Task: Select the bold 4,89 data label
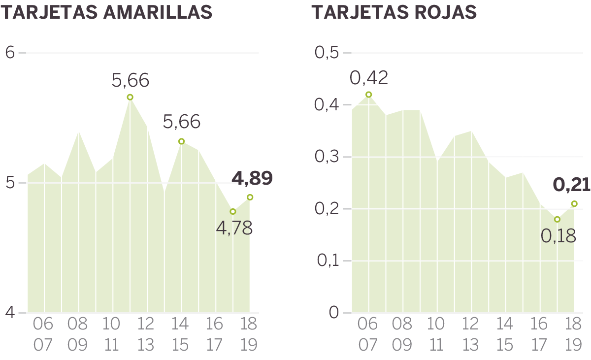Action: pyautogui.click(x=252, y=178)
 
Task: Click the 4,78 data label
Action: pyautogui.click(x=234, y=228)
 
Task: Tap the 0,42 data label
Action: pyautogui.click(x=369, y=77)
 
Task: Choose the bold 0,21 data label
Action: pyautogui.click(x=571, y=185)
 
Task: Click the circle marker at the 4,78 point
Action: pyautogui.click(x=233, y=211)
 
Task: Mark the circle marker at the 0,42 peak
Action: pyautogui.click(x=368, y=95)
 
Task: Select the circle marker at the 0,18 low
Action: pyautogui.click(x=557, y=219)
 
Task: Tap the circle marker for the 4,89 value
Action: pyautogui.click(x=250, y=197)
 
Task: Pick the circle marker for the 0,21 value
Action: pyautogui.click(x=574, y=203)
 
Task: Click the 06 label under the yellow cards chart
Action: pyautogui.click(x=43, y=324)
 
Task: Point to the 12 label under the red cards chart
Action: pyautogui.click(x=471, y=324)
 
